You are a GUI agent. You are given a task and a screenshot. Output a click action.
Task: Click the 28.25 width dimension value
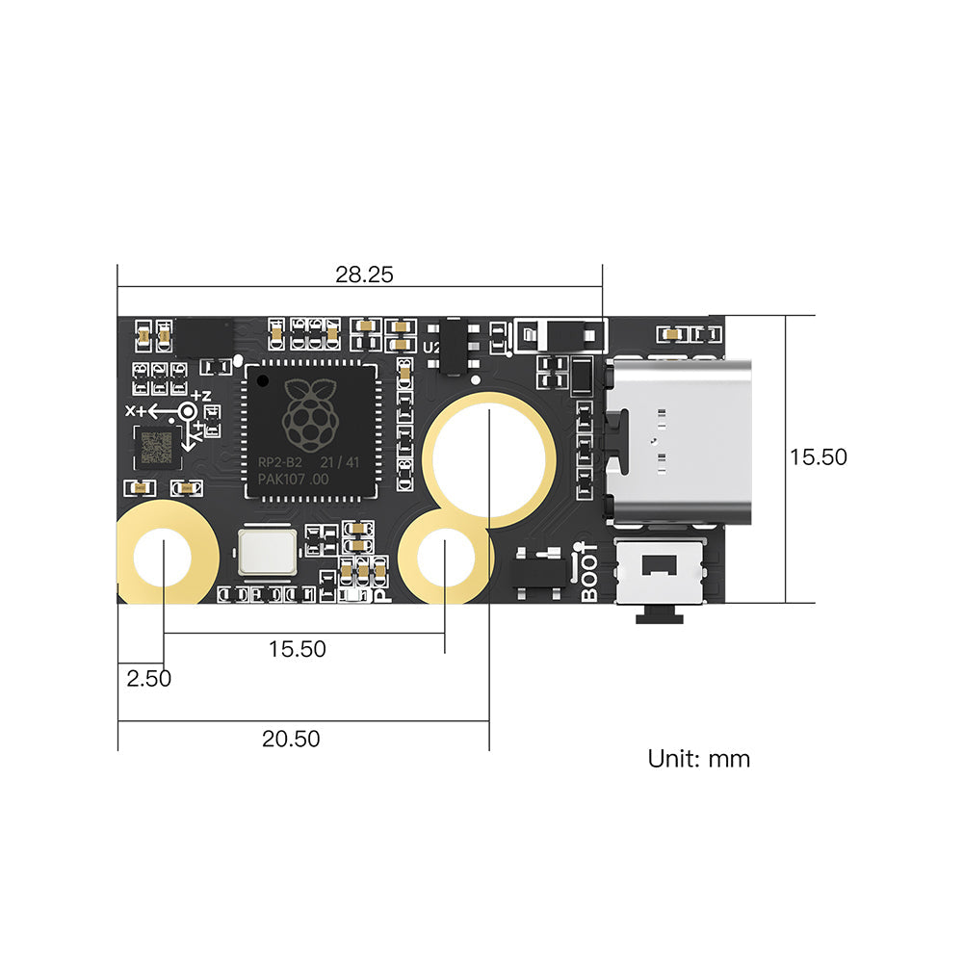coord(364,274)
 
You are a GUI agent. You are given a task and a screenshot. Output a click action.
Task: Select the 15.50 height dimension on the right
coord(819,456)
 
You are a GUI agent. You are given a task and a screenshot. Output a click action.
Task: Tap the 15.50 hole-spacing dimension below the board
coord(297,649)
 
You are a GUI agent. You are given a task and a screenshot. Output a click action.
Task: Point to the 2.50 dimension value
coord(149,678)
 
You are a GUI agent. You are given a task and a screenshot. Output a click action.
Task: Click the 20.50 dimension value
coord(291,740)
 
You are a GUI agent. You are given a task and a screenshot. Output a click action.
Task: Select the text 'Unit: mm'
coord(698,759)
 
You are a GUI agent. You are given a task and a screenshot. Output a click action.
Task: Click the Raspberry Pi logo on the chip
coord(311,415)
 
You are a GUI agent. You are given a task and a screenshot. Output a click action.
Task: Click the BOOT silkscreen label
coord(589,575)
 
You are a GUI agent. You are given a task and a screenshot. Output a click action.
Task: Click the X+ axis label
coord(138,411)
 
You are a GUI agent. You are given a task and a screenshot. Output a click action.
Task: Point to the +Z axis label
coord(201,396)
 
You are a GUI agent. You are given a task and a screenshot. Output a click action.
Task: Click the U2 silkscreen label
coord(430,348)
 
